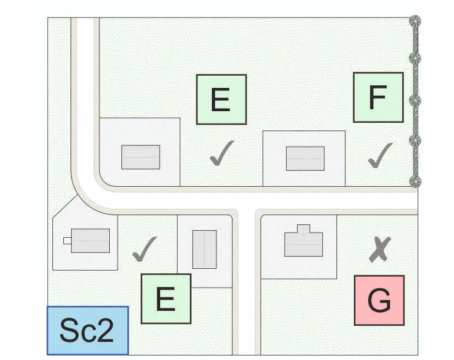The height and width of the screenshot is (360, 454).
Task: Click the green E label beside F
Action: point(222,100)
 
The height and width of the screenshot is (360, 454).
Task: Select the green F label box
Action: point(378,97)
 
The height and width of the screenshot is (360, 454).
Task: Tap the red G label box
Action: point(379,301)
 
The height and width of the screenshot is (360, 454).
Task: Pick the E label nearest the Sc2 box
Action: point(166,299)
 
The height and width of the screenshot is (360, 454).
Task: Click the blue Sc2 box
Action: point(88,330)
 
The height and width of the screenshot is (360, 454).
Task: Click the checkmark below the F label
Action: point(380,155)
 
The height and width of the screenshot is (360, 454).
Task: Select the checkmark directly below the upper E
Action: point(222,154)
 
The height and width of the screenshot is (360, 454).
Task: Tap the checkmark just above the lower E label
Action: point(145,249)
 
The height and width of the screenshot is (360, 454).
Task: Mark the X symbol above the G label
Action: point(380,249)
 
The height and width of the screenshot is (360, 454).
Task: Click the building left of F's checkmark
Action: point(305,158)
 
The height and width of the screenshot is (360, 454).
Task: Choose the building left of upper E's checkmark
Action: point(141,157)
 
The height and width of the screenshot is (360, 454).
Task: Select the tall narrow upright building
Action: point(205,249)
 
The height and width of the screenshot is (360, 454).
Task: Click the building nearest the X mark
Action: point(303,242)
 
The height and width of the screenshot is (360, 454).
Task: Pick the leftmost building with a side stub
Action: point(90,240)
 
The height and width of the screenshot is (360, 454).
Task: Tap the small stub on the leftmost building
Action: point(67,240)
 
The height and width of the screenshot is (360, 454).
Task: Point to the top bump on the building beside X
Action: point(303,229)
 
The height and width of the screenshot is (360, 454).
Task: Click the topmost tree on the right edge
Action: point(416,21)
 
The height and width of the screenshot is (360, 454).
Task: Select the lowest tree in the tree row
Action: point(416,180)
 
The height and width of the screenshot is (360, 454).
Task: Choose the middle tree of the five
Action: point(416,101)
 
